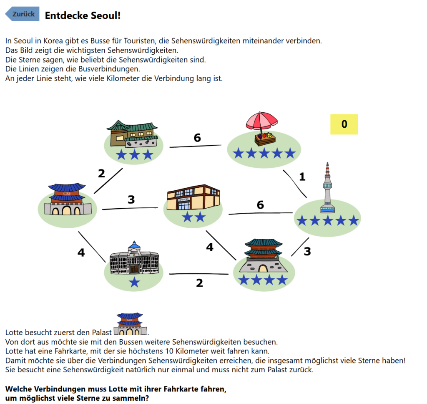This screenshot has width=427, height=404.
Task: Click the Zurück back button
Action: coord(23,14)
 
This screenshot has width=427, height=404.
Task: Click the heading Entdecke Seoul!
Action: coord(83,15)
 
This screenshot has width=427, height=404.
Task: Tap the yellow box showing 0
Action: coord(344,124)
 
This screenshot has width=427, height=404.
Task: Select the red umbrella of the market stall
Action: coord(261,120)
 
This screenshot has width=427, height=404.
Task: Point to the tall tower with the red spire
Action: coord(328,188)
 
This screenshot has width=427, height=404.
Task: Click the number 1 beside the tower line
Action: coord(302,177)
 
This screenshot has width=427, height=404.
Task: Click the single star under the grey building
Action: coord(134,283)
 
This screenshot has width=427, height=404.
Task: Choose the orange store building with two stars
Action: coord(193,198)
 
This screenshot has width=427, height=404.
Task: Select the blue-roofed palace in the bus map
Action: coord(67,199)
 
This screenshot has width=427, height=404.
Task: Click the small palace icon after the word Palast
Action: coord(131,325)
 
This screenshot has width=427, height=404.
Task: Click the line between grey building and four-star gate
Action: coord(198,274)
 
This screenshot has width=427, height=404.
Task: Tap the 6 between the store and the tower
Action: coord(260,205)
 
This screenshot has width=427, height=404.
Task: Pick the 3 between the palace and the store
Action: coord(131,200)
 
